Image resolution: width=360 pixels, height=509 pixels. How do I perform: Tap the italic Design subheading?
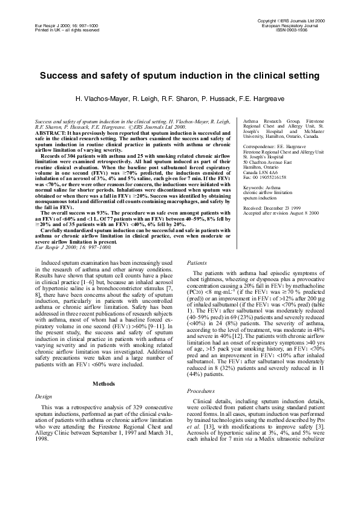(x=36, y=346)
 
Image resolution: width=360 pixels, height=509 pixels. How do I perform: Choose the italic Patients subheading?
(x=197, y=264)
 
